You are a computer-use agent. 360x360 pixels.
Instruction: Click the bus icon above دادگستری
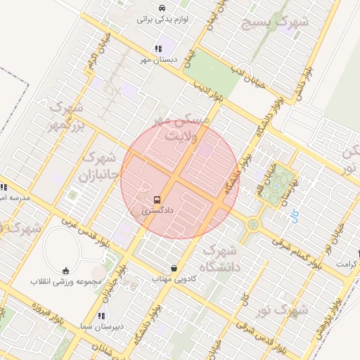tap(156, 199)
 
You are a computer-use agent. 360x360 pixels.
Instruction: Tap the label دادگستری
tap(156, 210)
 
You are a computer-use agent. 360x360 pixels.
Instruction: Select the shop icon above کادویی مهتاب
tap(174, 268)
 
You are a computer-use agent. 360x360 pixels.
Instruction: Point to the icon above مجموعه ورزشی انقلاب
tap(66, 270)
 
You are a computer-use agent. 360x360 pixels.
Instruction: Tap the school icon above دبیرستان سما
tap(101, 316)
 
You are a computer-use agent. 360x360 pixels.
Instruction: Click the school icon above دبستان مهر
tap(157, 49)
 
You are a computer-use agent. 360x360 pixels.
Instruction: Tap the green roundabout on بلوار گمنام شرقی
tap(252, 225)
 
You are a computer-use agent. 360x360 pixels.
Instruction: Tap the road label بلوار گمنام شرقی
tap(290, 251)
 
